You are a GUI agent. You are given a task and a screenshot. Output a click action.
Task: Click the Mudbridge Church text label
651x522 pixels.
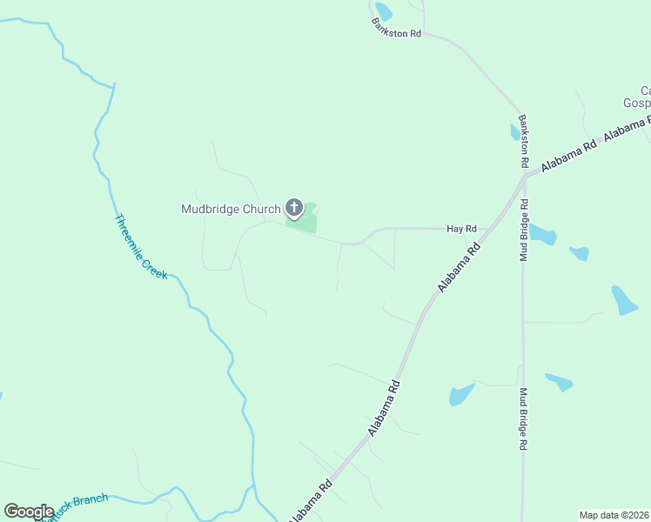click(231, 209)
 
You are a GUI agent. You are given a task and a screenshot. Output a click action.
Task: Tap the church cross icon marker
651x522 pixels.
click(294, 209)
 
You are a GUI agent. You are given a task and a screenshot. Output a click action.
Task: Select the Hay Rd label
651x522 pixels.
click(460, 229)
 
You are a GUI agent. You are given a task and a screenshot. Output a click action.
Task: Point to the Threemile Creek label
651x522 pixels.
click(140, 246)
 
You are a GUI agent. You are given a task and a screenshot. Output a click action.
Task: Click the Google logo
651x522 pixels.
click(29, 512)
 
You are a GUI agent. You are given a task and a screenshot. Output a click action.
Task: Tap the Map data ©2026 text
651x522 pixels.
click(614, 514)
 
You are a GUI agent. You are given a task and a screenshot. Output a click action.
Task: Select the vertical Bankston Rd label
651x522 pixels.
click(523, 141)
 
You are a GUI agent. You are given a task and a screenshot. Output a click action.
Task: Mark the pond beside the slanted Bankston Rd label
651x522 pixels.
click(383, 11)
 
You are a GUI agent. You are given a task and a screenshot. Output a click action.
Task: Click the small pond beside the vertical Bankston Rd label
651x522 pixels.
click(514, 132)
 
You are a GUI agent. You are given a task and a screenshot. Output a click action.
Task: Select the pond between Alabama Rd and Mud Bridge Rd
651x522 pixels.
click(460, 394)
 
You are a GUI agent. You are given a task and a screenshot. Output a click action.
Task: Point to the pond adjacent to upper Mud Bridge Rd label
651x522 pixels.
click(542, 234)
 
